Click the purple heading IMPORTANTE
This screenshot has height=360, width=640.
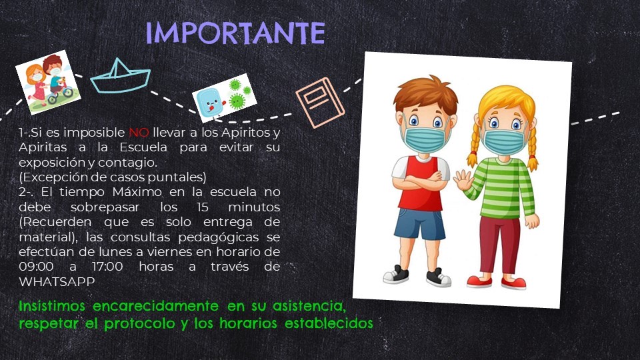point(235,33)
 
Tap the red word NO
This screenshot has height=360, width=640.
point(139,133)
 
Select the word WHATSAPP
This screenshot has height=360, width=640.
point(57,281)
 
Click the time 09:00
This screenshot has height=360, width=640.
point(36,267)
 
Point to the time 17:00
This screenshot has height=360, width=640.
point(107,267)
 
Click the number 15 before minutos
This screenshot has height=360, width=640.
point(203,207)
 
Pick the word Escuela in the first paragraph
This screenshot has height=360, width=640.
point(143,147)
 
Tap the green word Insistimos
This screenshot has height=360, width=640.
point(52,306)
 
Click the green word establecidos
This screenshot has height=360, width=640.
point(329,323)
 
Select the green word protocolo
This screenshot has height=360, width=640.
point(141,324)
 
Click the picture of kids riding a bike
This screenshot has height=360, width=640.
point(48,82)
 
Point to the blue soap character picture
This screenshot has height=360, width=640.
point(224,98)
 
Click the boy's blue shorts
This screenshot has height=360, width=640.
point(420,224)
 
